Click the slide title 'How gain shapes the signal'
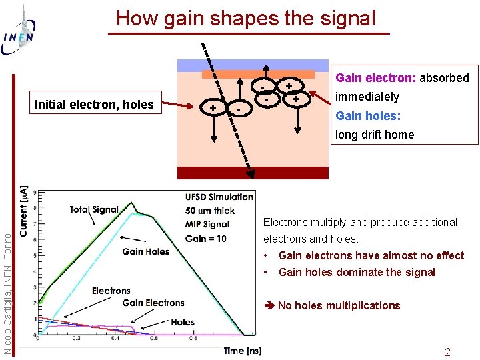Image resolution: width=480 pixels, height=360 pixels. pos(246,18)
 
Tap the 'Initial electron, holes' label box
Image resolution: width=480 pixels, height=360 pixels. pos(94,104)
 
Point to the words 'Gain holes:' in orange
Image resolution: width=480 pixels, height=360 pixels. pos(367,115)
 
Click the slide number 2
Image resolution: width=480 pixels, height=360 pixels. pos(448,352)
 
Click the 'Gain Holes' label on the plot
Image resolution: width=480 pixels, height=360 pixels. pos(145,251)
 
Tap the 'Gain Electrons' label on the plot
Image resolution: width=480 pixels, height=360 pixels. pos(153,303)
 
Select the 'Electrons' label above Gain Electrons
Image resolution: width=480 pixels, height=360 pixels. pos(111,291)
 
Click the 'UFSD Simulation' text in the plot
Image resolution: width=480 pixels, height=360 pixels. pos(219,197)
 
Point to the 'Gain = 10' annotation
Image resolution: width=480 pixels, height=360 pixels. pos(205,239)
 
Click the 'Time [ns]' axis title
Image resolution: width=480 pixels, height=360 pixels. pos(242,351)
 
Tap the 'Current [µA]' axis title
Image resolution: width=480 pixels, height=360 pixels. pos(25,210)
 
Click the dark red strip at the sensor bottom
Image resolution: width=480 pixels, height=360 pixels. pos(253,173)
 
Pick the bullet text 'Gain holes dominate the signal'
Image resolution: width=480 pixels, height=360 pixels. pos(357,272)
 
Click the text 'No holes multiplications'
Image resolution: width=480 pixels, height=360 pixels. pos(339,305)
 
